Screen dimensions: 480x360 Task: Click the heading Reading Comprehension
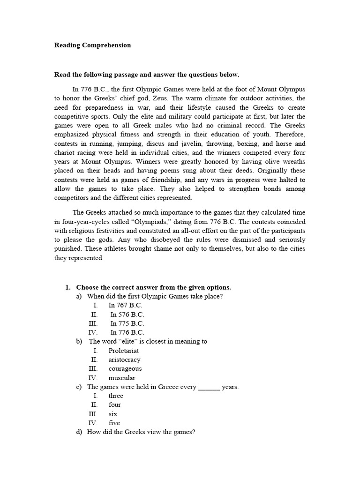click(x=92, y=45)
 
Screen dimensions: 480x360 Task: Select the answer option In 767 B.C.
click(x=125, y=305)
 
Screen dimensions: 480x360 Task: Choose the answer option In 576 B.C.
click(x=127, y=315)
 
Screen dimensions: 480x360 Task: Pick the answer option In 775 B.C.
click(x=127, y=323)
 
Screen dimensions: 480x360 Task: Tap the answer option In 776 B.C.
click(x=127, y=332)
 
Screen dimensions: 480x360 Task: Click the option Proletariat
click(x=124, y=351)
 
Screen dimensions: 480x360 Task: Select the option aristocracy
click(x=124, y=360)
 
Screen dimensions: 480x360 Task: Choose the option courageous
click(x=125, y=368)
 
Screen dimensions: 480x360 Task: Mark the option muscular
click(x=122, y=378)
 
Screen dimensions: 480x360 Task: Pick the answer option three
click(x=116, y=396)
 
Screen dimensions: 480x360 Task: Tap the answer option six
click(x=113, y=414)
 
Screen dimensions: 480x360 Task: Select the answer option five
click(x=114, y=423)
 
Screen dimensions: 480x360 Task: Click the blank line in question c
click(x=209, y=388)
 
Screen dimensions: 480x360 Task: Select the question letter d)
click(x=79, y=432)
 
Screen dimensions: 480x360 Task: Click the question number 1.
click(x=67, y=287)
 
